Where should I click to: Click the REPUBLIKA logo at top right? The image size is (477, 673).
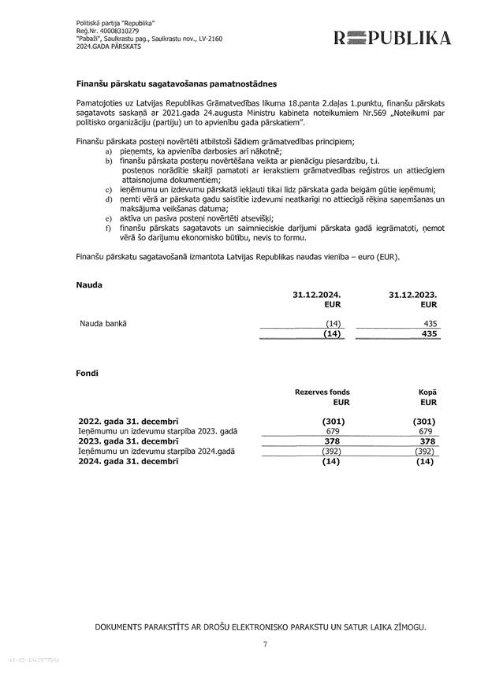pyautogui.click(x=392, y=38)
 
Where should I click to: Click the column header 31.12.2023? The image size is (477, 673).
pyautogui.click(x=413, y=293)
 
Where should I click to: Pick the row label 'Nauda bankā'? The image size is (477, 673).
pyautogui.click(x=103, y=323)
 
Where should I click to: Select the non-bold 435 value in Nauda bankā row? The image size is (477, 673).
pyautogui.click(x=429, y=323)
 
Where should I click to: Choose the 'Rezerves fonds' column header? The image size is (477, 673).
pyautogui.click(x=322, y=392)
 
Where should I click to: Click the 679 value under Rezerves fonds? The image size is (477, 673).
pyautogui.click(x=332, y=431)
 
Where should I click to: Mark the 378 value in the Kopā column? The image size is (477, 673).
pyautogui.click(x=427, y=441)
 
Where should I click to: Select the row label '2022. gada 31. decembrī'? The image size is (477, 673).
pyautogui.click(x=129, y=421)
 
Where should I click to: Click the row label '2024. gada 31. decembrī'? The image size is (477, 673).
pyautogui.click(x=129, y=461)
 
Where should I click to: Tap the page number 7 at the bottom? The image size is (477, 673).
pyautogui.click(x=265, y=645)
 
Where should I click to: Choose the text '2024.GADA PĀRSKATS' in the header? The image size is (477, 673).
pyautogui.click(x=109, y=46)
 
